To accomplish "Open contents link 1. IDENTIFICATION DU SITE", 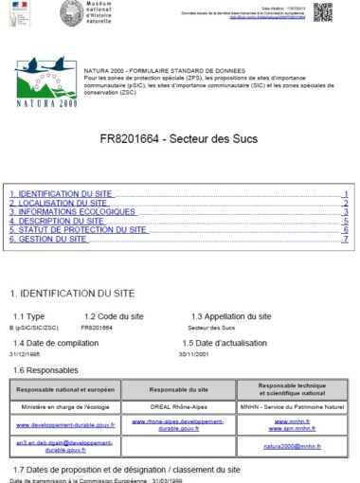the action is click(60, 193).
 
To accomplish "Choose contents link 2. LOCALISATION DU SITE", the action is click(58, 203).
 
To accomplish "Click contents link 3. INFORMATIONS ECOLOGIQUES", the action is click(68, 211).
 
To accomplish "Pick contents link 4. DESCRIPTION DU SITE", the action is click(56, 221).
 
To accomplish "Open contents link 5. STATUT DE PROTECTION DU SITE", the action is click(78, 229).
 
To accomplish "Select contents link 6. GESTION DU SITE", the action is click(47, 239).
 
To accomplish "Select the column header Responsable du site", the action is click(179, 389).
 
